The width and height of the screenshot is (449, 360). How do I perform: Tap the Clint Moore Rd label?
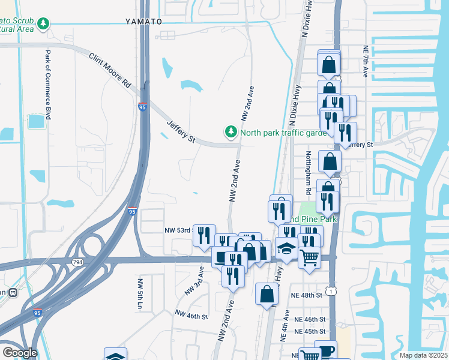click(110, 71)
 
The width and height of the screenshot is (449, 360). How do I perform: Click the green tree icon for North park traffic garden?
click(230, 131)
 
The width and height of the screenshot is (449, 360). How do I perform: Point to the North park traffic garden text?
click(283, 133)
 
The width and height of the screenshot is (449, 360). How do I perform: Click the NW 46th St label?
click(191, 315)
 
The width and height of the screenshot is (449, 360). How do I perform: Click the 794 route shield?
click(77, 262)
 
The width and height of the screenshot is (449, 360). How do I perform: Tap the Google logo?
click(20, 352)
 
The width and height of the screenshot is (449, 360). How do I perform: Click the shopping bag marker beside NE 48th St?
click(267, 295)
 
